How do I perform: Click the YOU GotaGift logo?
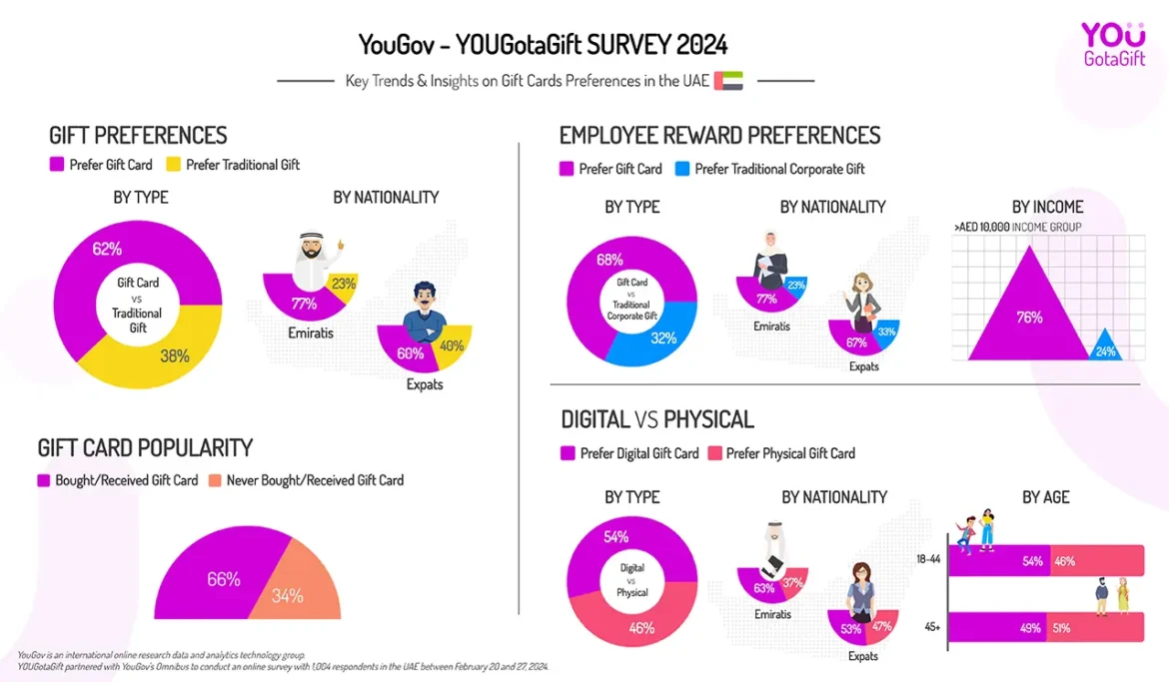1112,44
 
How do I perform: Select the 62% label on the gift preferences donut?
107,249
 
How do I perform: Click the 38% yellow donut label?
174,354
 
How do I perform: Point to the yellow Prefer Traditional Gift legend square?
173,165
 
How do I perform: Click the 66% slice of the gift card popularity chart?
223,579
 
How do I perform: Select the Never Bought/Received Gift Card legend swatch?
214,480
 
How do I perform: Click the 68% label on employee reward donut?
609,261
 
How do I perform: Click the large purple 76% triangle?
1028,318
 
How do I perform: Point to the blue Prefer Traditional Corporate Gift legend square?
682,169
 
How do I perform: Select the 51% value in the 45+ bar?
1060,628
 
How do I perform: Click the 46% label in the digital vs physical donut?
641,627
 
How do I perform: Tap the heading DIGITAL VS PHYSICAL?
657,419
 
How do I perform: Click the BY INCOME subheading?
1047,207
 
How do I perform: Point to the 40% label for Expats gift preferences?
452,346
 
